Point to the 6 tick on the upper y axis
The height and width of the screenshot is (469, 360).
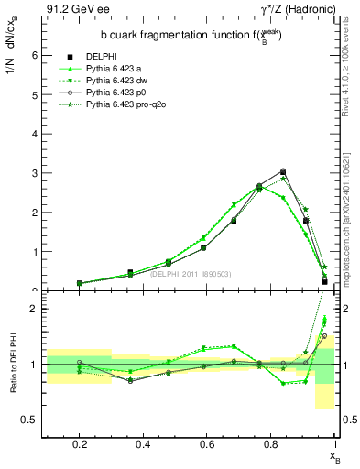tap(33, 55)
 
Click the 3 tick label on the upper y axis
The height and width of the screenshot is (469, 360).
tap(33, 173)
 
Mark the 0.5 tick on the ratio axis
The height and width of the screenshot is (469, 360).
tap(28, 420)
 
